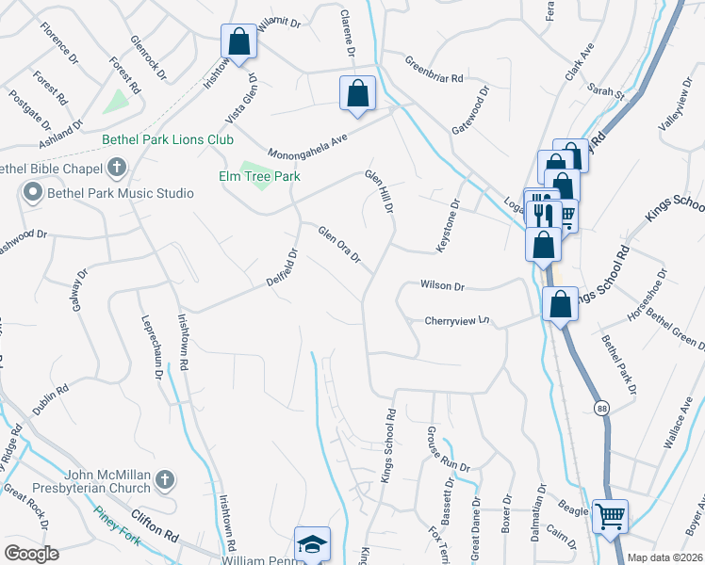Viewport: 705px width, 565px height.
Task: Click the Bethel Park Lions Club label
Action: coord(168,139)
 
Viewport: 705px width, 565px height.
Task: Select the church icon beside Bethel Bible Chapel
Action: coord(116,169)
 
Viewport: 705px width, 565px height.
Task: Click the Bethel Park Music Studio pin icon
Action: coord(32,193)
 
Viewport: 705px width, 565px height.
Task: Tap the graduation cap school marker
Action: coord(312,544)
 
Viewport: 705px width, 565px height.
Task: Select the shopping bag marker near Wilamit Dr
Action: coord(238,42)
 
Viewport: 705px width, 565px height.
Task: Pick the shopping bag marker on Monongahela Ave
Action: coord(357,93)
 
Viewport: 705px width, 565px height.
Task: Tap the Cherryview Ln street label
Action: coord(458,320)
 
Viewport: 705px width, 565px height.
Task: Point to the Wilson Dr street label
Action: coord(443,285)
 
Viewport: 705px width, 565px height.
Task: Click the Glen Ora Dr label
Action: coord(339,245)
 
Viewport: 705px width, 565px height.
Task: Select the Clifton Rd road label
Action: coord(156,537)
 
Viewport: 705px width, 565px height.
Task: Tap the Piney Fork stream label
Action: coord(117,524)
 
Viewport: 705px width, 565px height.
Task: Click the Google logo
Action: coord(32,554)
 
